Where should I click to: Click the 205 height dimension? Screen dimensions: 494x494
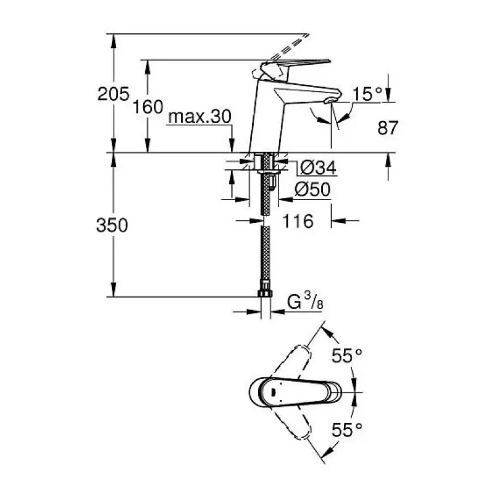pyautogui.click(x=113, y=94)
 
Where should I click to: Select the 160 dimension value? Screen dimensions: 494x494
pyautogui.click(x=148, y=106)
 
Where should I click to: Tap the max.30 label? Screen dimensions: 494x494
pyautogui.click(x=199, y=117)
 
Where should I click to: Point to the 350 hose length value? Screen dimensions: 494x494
pyautogui.click(x=112, y=225)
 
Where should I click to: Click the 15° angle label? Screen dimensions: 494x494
pyautogui.click(x=367, y=94)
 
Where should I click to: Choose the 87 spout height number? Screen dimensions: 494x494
pyautogui.click(x=388, y=128)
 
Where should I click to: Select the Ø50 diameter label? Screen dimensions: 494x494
pyautogui.click(x=312, y=190)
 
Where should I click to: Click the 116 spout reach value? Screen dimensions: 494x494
pyautogui.click(x=298, y=221)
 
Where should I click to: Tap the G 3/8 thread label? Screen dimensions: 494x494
pyautogui.click(x=305, y=301)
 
